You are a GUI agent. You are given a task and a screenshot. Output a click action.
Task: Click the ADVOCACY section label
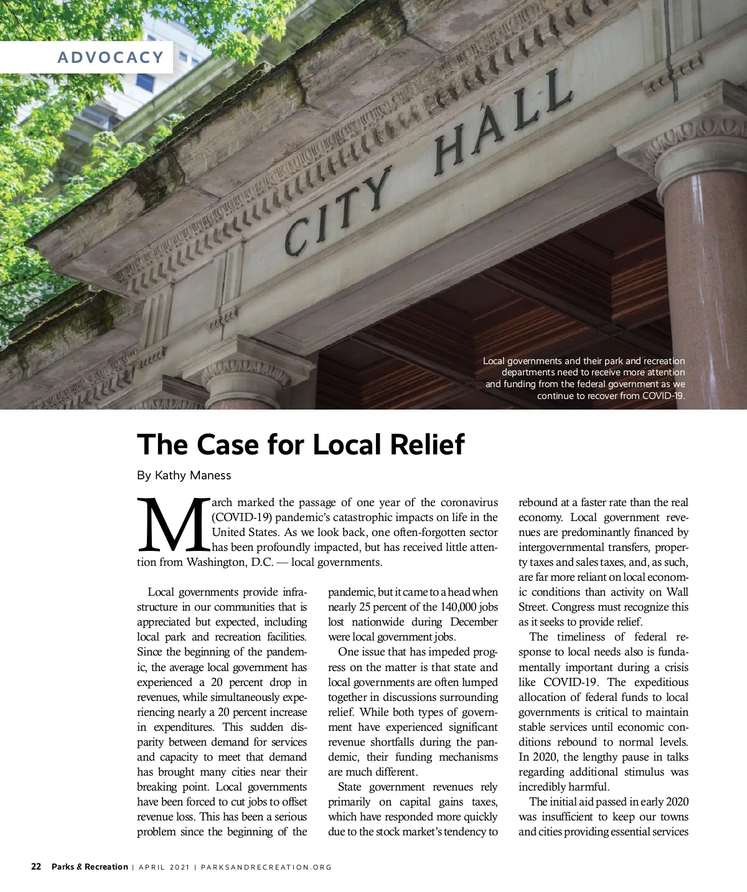pos(110,57)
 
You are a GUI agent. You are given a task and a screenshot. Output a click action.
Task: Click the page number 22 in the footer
pos(36,866)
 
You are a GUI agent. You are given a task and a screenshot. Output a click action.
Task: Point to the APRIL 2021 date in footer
pos(164,867)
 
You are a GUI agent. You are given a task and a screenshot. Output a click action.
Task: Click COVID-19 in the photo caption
pos(663,396)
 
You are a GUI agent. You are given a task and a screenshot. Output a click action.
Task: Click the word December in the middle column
pos(474,622)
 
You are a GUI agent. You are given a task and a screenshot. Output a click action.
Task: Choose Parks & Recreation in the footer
pos(90,866)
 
